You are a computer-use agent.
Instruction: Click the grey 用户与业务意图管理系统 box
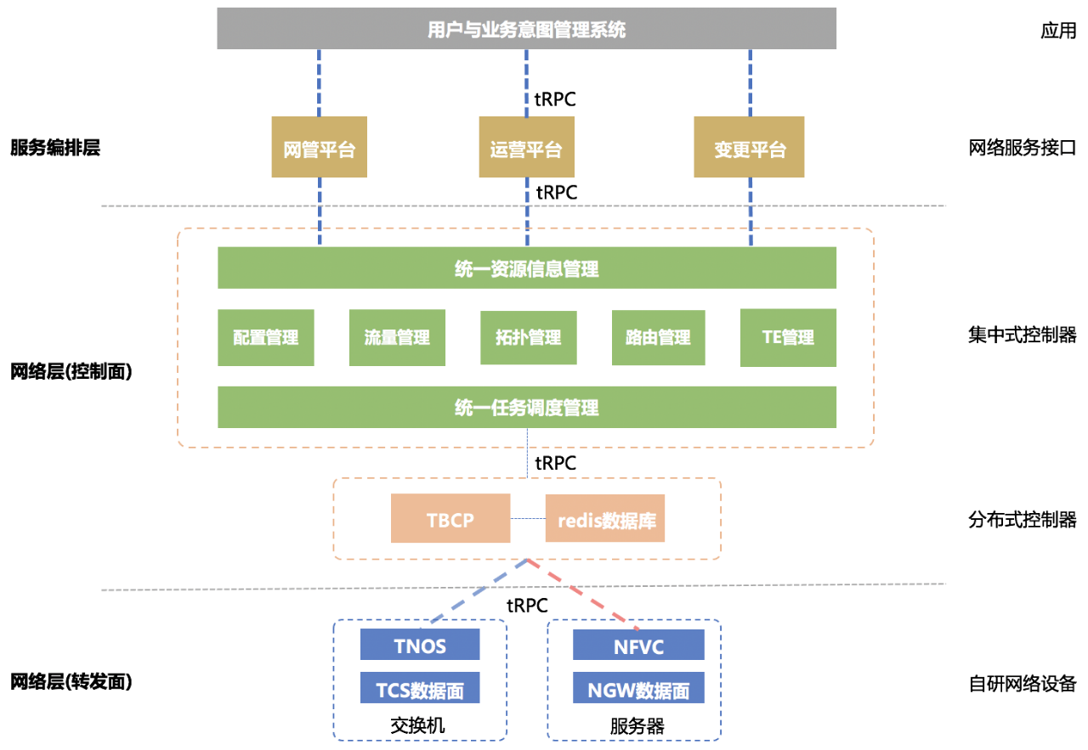pyautogui.click(x=527, y=29)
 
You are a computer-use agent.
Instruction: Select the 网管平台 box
pyautogui.click(x=319, y=148)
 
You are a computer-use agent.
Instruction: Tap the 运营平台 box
pyautogui.click(x=526, y=148)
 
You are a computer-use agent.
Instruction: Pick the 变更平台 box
pyautogui.click(x=750, y=148)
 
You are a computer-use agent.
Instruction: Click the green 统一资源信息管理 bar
pyautogui.click(x=527, y=268)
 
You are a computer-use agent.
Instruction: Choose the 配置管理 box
pyautogui.click(x=266, y=337)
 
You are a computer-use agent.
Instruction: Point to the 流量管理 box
pyautogui.click(x=397, y=337)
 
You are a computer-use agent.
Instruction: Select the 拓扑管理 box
pyautogui.click(x=528, y=337)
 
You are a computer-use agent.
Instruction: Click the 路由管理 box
pyautogui.click(x=658, y=337)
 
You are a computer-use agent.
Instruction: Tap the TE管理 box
pyautogui.click(x=788, y=337)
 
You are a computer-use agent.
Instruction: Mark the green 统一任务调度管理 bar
pyautogui.click(x=527, y=408)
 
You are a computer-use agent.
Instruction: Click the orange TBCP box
pyautogui.click(x=450, y=518)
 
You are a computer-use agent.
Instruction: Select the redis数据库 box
pyautogui.click(x=604, y=518)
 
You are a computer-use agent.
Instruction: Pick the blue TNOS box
pyautogui.click(x=420, y=645)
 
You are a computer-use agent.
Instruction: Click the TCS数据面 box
pyautogui.click(x=420, y=688)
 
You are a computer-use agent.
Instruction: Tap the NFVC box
pyautogui.click(x=638, y=645)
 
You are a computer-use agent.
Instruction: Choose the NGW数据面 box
pyautogui.click(x=638, y=688)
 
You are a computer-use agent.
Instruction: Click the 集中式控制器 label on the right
pyautogui.click(x=1023, y=335)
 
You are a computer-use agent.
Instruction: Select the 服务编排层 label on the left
pyautogui.click(x=55, y=148)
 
